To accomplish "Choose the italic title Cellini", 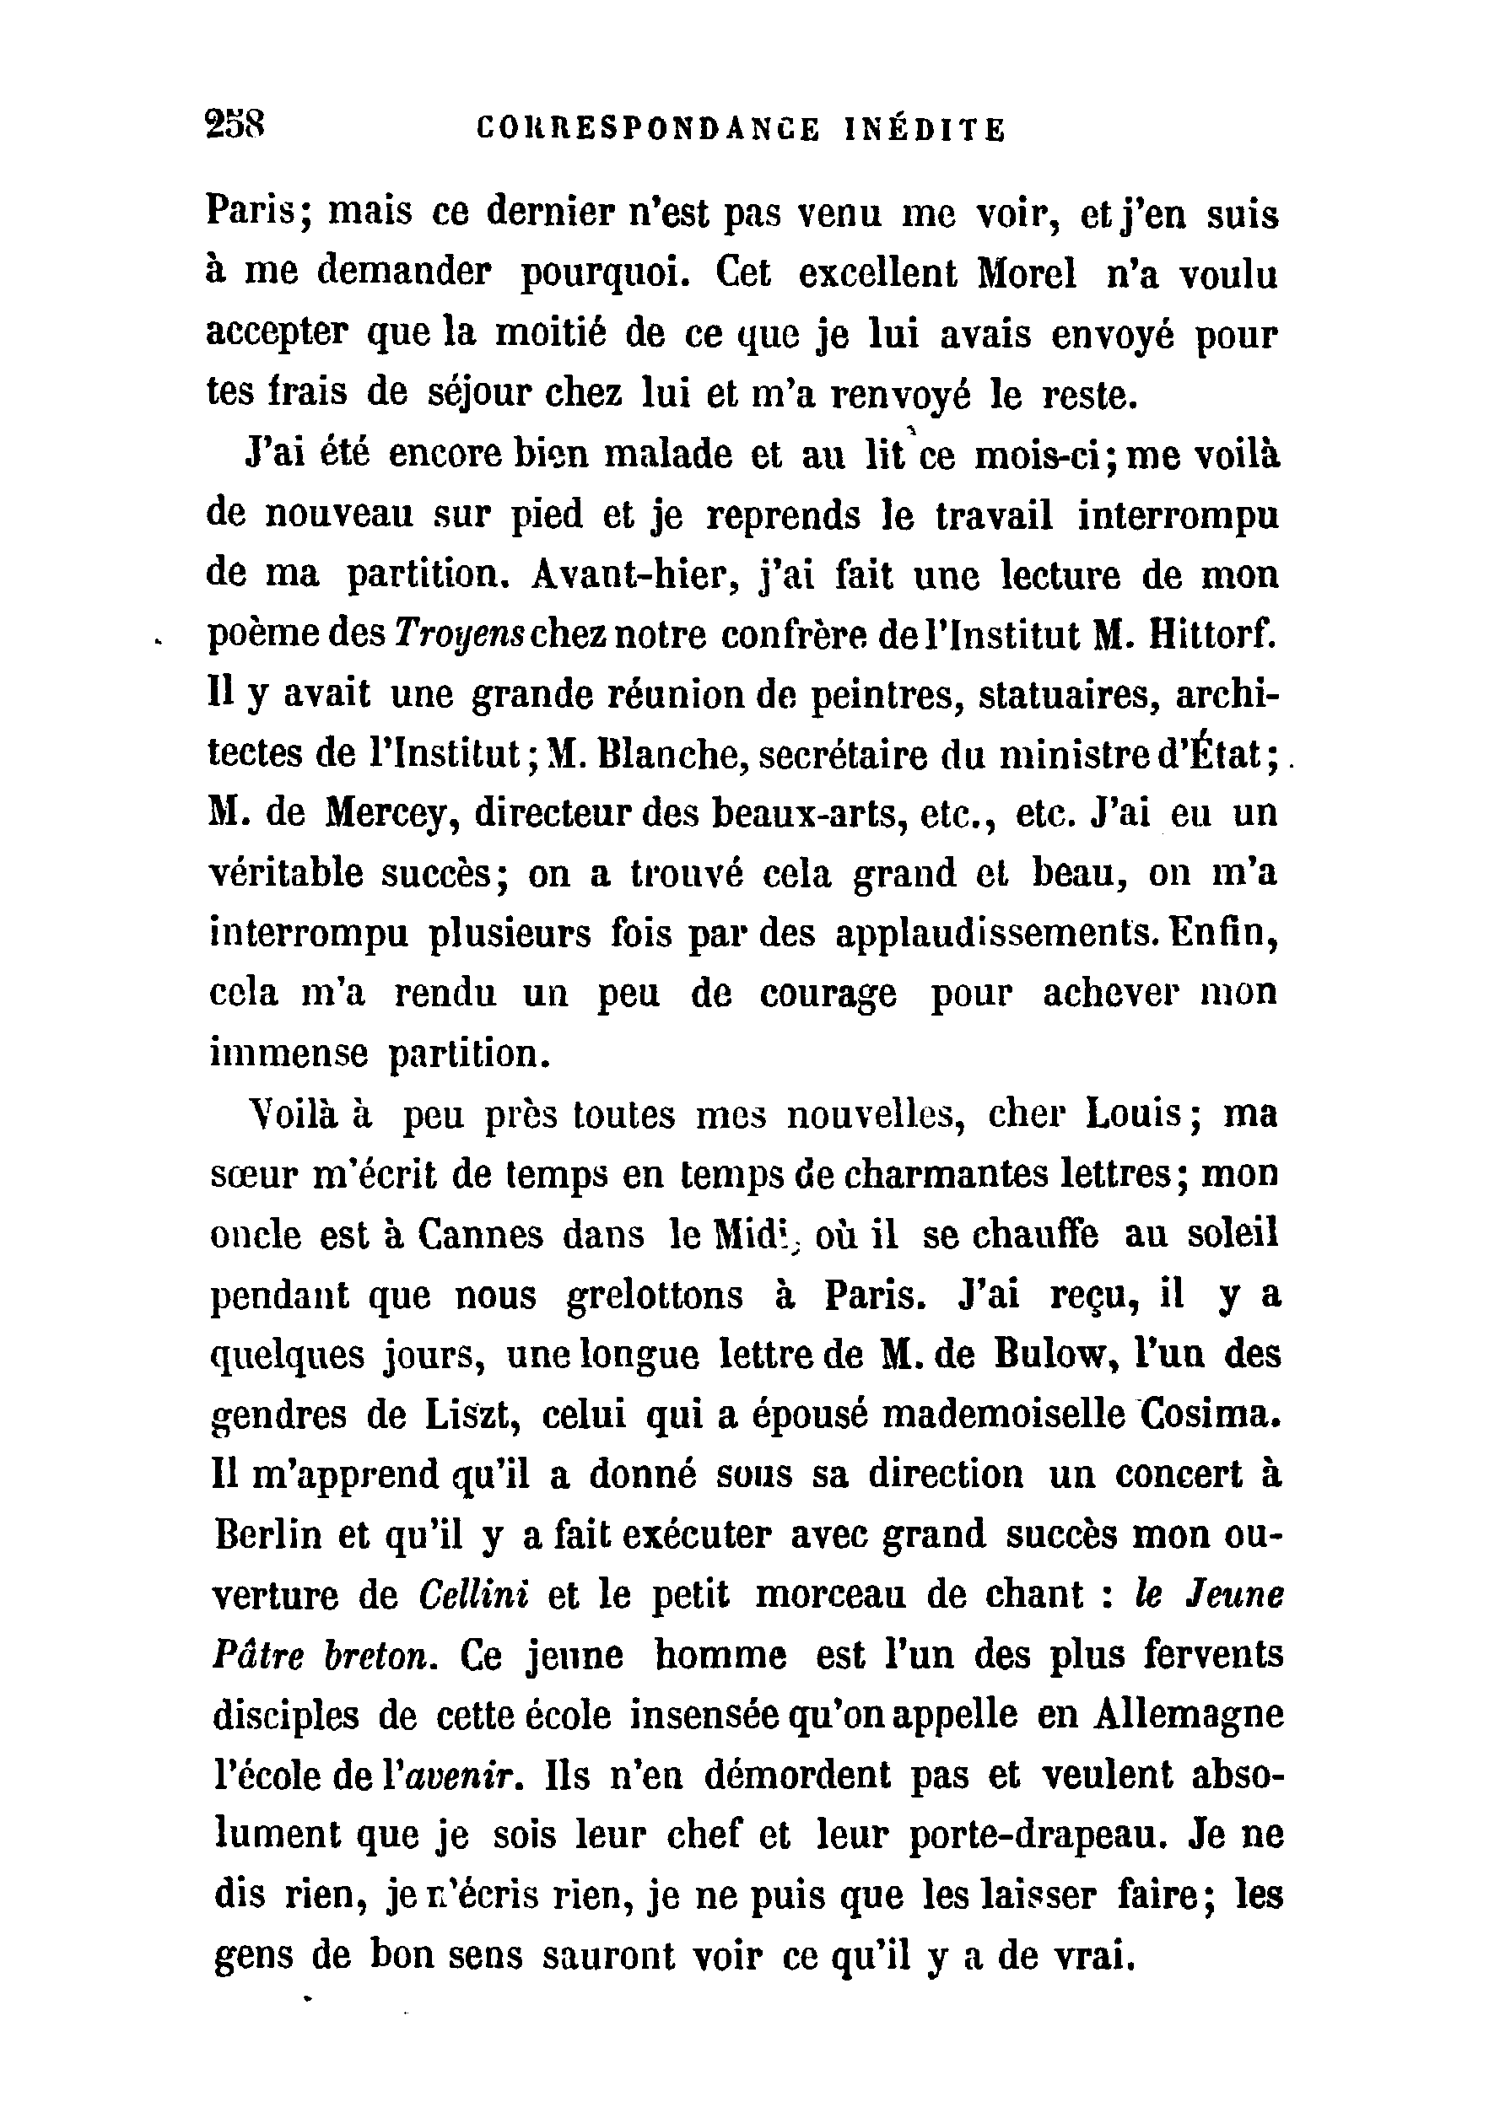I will pyautogui.click(x=473, y=1596).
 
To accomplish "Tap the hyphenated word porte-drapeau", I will pyautogui.click(x=1038, y=1836).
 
